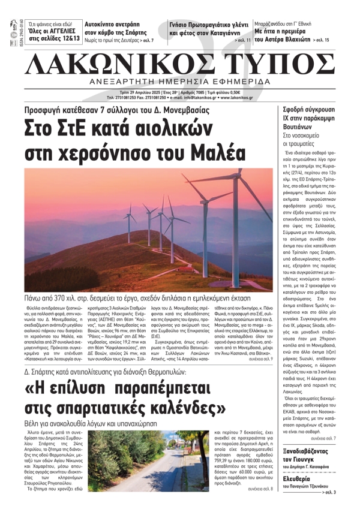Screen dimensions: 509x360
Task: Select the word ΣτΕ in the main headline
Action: tap(77, 114)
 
